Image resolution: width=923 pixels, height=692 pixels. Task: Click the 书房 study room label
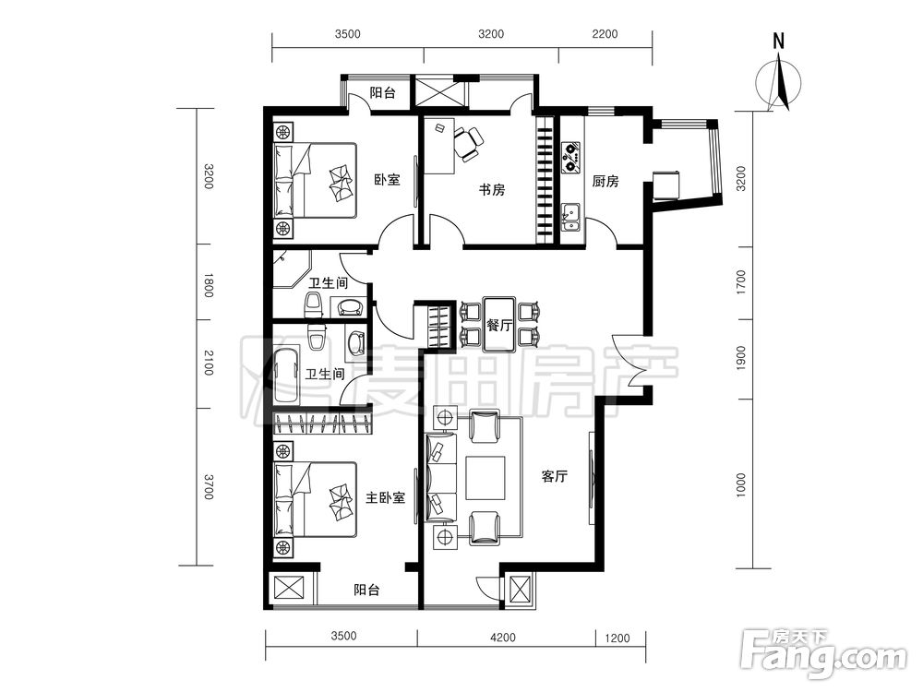point(492,190)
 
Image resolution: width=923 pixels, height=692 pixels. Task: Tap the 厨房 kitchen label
point(605,181)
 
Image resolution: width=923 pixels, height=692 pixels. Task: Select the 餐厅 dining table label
point(499,324)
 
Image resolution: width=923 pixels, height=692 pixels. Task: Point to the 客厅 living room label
point(554,476)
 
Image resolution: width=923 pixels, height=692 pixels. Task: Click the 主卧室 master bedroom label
point(385,498)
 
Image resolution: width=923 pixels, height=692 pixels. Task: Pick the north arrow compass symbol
point(779,81)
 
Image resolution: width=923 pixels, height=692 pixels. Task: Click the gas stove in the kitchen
point(571,157)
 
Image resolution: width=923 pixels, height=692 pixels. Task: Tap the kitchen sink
point(570,217)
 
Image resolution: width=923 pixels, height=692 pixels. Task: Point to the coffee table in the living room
point(485,477)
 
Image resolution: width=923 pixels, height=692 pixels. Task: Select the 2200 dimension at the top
point(605,34)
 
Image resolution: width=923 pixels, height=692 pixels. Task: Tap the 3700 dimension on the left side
point(208,485)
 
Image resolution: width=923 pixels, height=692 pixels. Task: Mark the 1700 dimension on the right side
point(740,282)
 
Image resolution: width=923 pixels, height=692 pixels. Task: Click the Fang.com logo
point(823,655)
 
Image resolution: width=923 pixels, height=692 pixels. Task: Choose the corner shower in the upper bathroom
point(292,269)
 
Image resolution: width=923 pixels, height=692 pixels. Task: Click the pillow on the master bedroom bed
point(341,502)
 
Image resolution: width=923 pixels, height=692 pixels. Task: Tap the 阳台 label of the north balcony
point(382,93)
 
